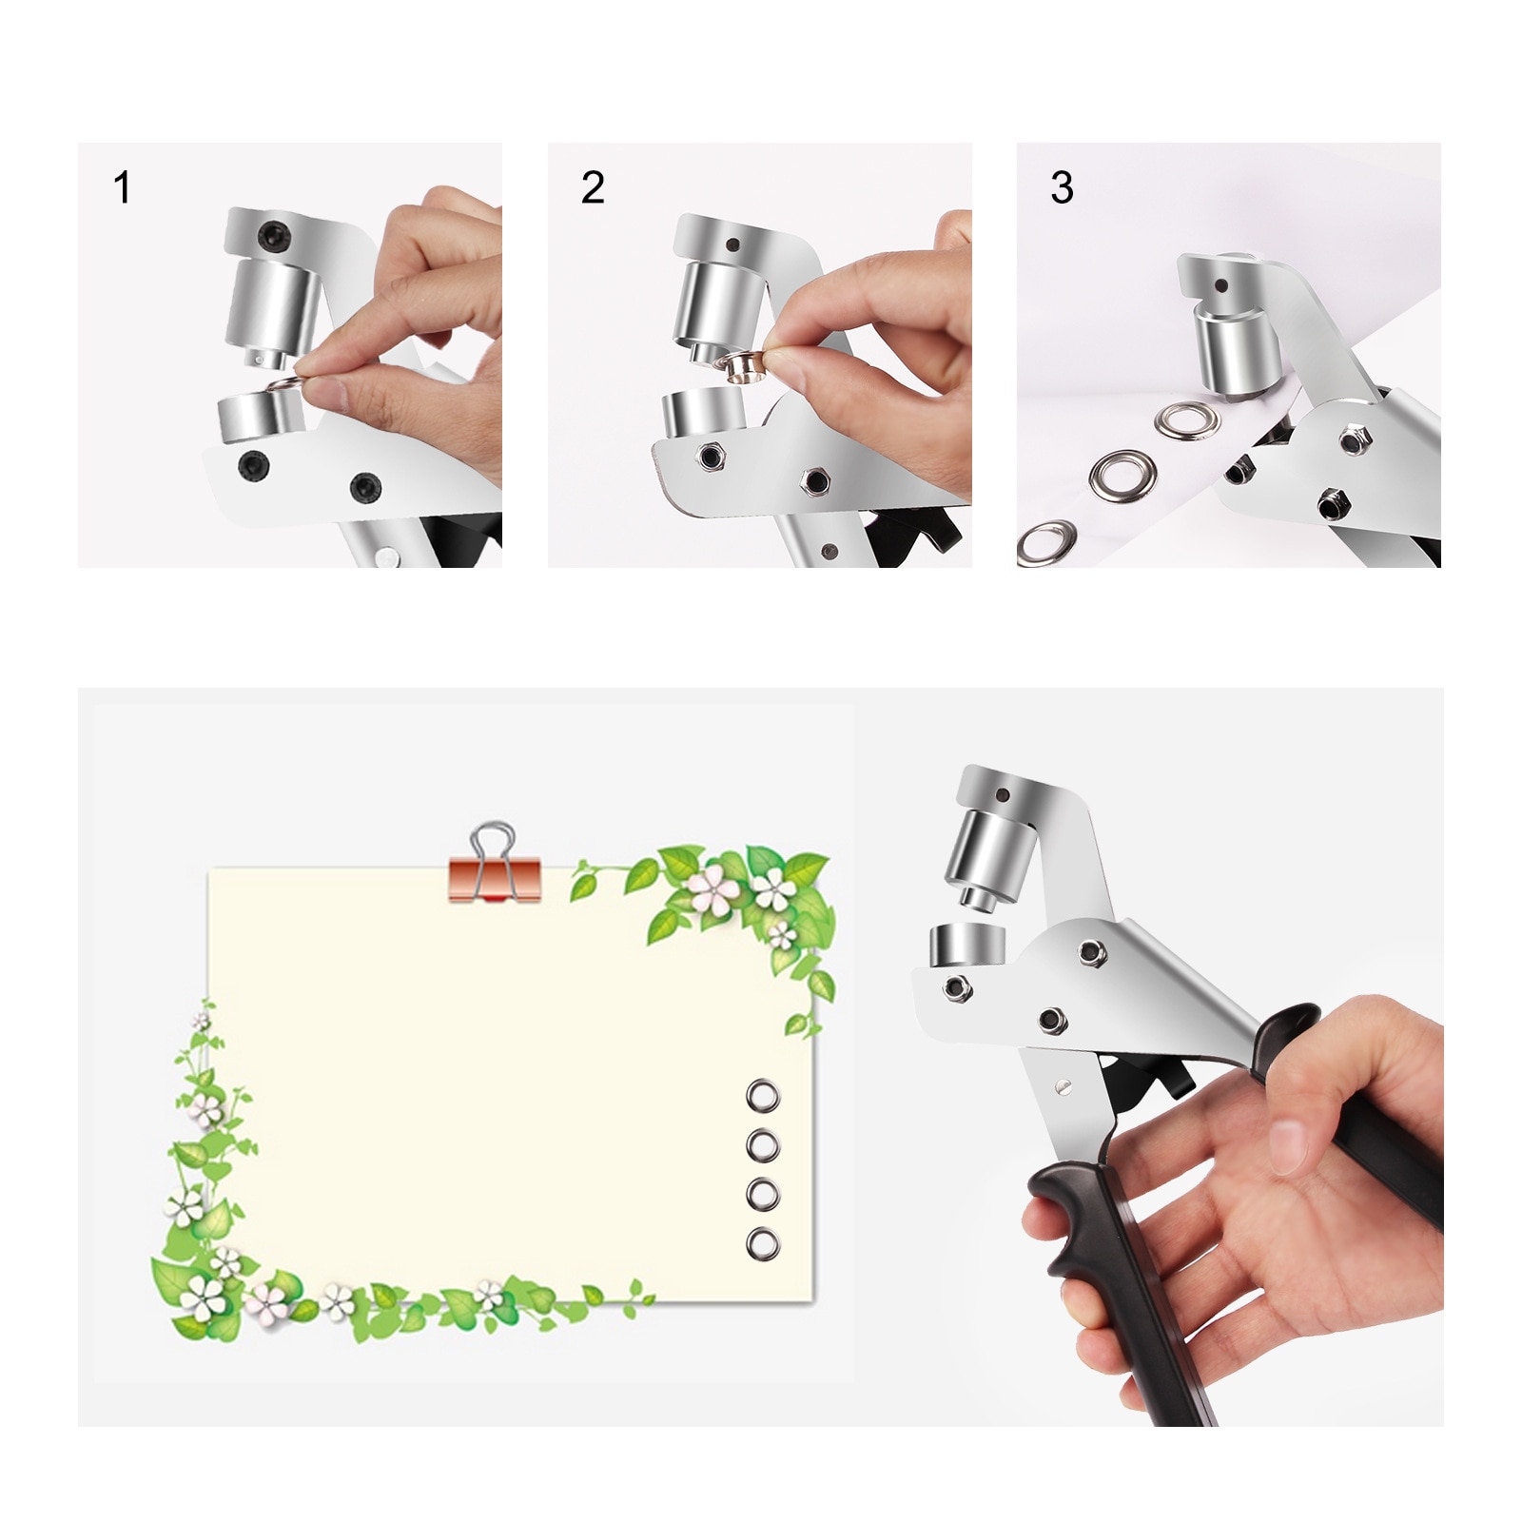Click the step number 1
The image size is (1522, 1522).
pyautogui.click(x=122, y=187)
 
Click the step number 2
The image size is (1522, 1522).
pyautogui.click(x=592, y=187)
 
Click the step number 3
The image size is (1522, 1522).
pyautogui.click(x=1062, y=187)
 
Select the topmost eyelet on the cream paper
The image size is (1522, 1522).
pyautogui.click(x=763, y=1096)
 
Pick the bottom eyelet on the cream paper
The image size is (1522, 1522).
pyautogui.click(x=763, y=1242)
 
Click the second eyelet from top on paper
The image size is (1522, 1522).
pyautogui.click(x=763, y=1144)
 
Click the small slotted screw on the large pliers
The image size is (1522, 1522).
pyautogui.click(x=1063, y=1083)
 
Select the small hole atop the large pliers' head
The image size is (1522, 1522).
pyautogui.click(x=1002, y=794)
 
